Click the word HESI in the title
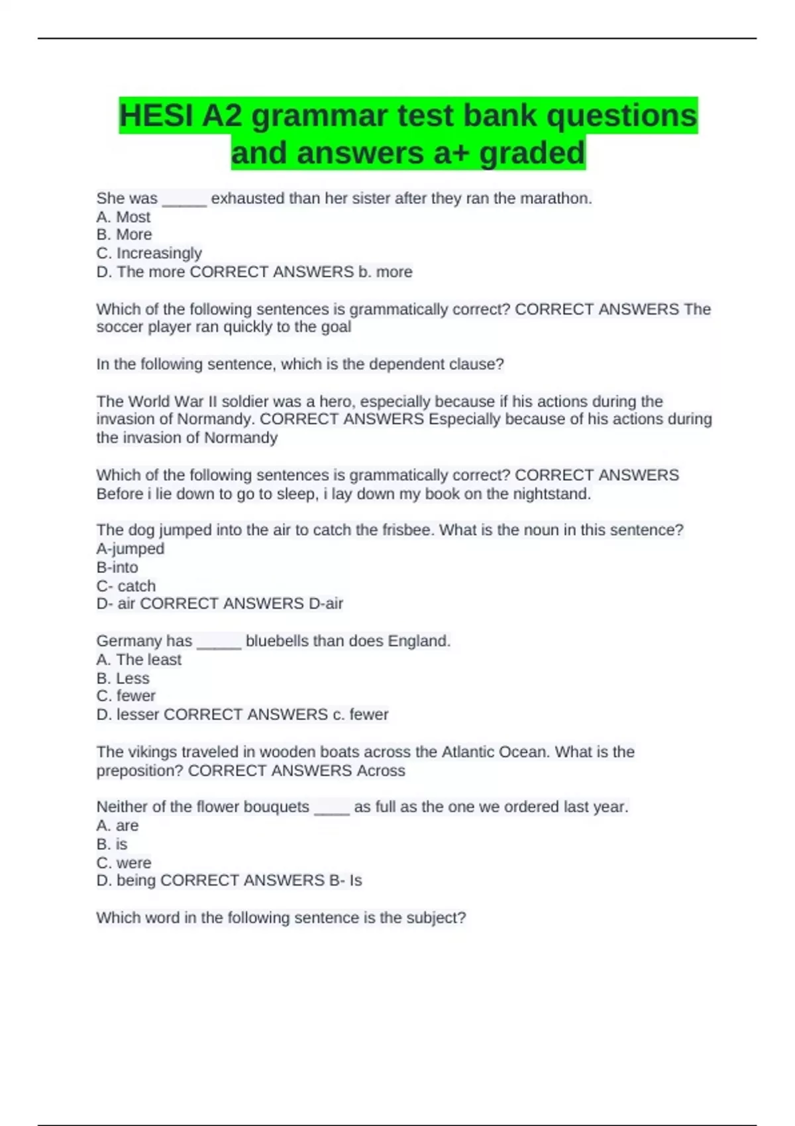point(156,116)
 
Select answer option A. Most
point(123,217)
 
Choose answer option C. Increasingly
point(149,253)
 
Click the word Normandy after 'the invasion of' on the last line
point(240,438)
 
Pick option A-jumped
point(130,548)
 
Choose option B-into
point(117,567)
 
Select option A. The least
point(138,659)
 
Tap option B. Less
point(123,678)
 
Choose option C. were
point(123,862)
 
